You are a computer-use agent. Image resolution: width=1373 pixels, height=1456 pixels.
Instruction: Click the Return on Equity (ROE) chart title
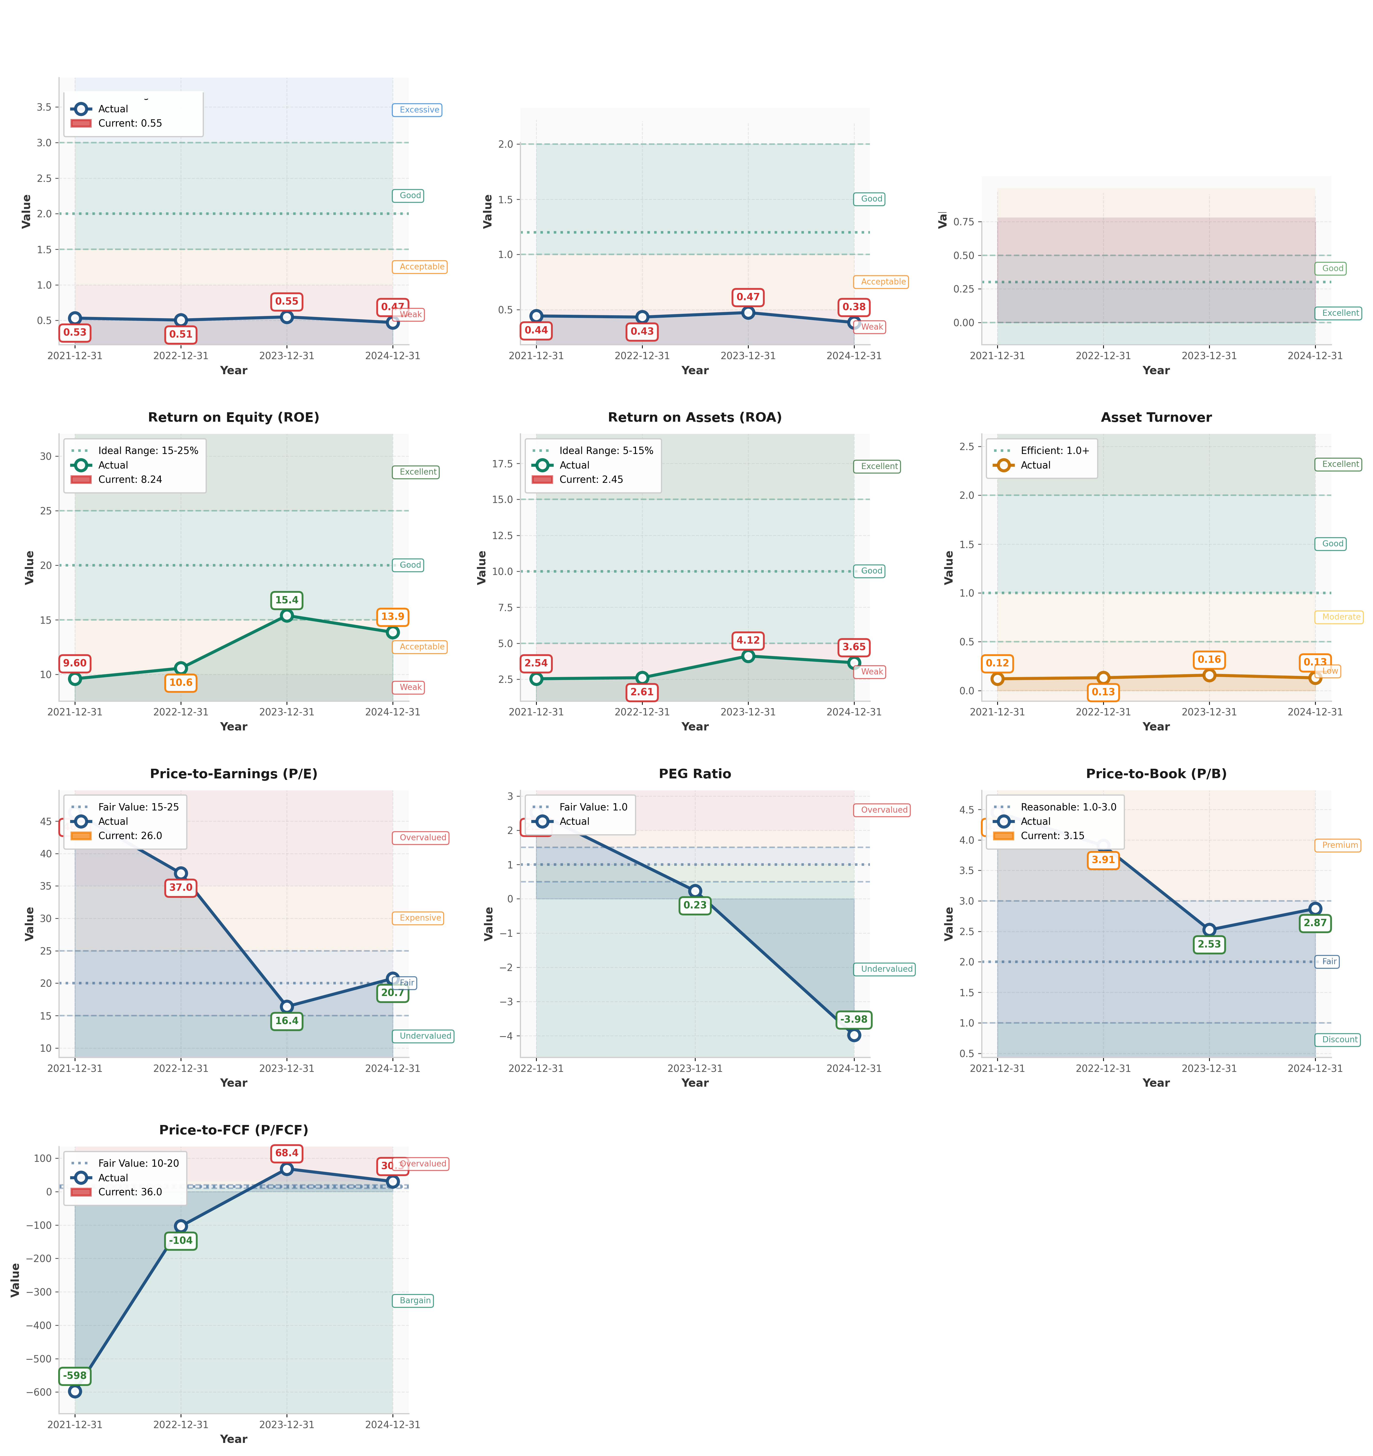(233, 417)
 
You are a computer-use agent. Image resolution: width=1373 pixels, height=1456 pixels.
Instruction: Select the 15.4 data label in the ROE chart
(286, 600)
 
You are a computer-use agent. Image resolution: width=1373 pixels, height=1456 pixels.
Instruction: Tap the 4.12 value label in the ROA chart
(748, 640)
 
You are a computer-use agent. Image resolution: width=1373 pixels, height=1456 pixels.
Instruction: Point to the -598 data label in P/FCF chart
(75, 1375)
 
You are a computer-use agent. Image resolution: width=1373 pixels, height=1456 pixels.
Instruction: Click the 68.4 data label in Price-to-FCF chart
(286, 1153)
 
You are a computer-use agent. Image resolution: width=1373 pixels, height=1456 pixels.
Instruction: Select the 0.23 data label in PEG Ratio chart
(695, 905)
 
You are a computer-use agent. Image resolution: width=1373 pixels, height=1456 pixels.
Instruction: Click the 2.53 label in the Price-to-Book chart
(1209, 944)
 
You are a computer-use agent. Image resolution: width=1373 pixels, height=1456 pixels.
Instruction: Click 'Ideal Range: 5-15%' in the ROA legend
(606, 450)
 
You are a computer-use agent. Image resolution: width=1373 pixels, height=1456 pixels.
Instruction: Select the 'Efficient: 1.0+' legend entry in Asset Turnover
(1054, 450)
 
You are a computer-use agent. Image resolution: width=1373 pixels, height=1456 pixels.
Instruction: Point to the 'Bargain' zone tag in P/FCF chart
(415, 1301)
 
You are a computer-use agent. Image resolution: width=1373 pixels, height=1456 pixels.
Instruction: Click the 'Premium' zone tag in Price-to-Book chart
(1339, 845)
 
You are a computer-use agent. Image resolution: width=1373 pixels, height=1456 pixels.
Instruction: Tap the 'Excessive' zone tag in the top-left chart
(419, 110)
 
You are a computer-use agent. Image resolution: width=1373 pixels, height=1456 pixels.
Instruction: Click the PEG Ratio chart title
(695, 774)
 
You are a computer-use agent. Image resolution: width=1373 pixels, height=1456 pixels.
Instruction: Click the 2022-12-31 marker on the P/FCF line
(181, 1226)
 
